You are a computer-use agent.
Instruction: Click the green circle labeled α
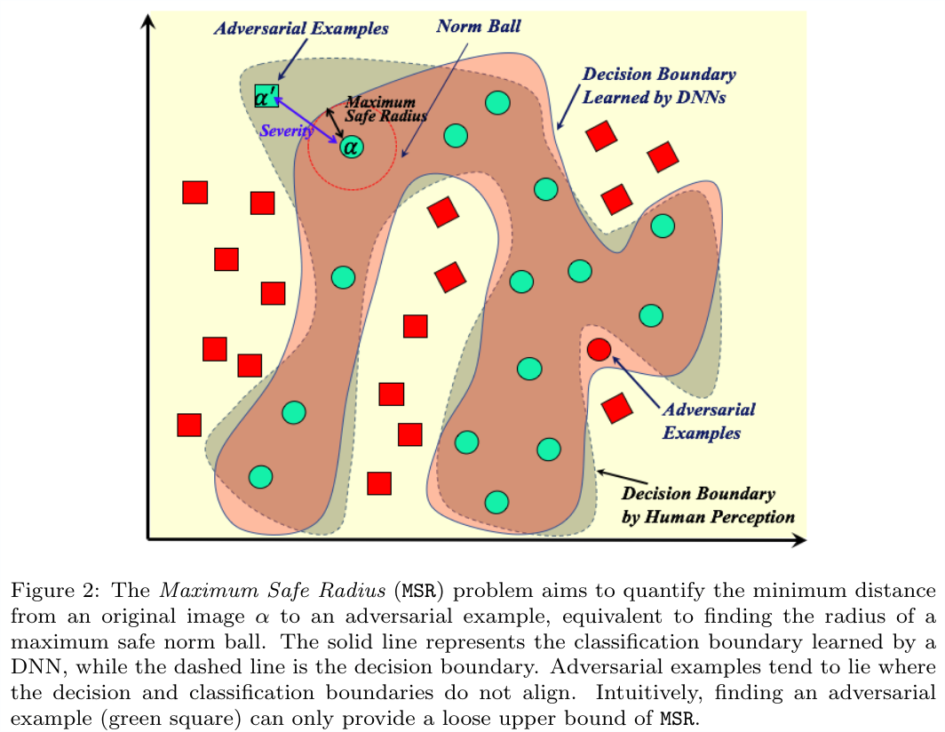click(351, 147)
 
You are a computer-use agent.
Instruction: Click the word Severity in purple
click(286, 131)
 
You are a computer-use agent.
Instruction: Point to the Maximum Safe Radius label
click(384, 108)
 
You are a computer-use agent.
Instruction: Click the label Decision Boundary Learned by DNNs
click(657, 86)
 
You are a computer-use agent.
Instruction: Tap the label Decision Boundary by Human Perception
click(707, 505)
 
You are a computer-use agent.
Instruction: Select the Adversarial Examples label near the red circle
click(708, 421)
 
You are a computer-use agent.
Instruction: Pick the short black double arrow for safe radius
click(336, 123)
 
